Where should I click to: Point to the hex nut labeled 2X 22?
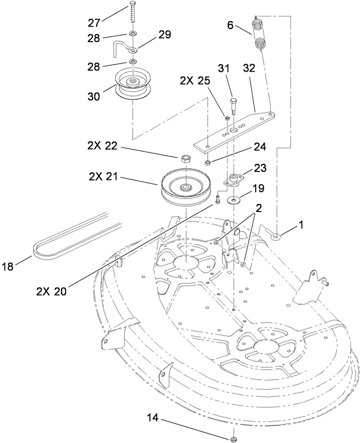[x=186, y=159]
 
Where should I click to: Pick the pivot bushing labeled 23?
[x=233, y=178]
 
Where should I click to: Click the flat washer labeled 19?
[x=234, y=200]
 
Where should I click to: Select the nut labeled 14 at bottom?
[x=233, y=439]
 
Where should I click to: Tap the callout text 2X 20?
[x=51, y=290]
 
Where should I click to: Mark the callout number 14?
[x=155, y=418]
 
